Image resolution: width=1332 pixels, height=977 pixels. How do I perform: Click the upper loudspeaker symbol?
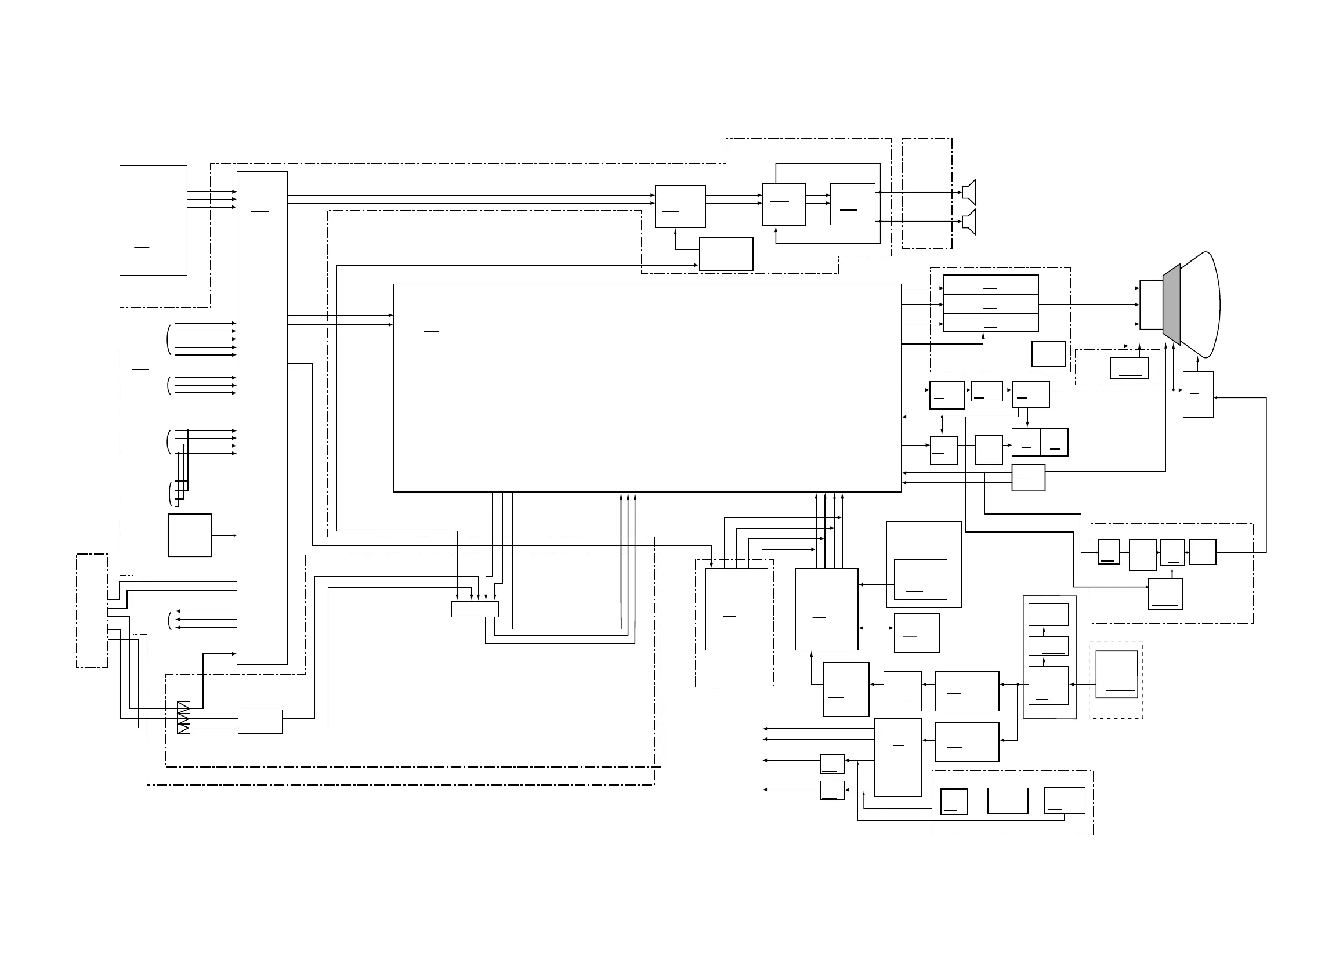tap(969, 192)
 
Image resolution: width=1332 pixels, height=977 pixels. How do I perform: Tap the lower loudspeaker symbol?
tap(969, 222)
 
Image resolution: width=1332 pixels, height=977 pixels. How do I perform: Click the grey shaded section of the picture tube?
tap(1171, 305)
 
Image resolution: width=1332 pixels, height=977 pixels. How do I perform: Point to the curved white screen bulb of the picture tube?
tap(1200, 305)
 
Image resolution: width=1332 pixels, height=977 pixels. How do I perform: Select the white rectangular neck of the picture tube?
tap(1150, 305)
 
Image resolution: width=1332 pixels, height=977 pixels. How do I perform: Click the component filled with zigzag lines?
tap(183, 717)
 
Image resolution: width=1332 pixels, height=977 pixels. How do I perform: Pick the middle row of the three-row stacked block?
tap(990, 304)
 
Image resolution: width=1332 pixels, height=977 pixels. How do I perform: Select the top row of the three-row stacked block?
tap(990, 284)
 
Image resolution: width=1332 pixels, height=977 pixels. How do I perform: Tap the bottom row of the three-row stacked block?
tap(990, 323)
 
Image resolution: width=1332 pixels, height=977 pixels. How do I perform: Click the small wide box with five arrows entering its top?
tap(474, 609)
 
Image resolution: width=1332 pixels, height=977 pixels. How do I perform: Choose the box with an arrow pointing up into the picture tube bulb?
tap(1198, 395)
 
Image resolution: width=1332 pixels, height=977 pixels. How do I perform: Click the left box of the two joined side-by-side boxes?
tap(1026, 442)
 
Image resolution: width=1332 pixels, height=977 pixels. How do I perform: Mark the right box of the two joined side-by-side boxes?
tap(1054, 442)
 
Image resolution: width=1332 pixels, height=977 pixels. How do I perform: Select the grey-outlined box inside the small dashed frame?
tap(1116, 674)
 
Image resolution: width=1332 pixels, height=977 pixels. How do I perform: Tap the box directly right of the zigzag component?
tap(260, 722)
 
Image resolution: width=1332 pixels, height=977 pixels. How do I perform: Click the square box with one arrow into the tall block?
tap(189, 535)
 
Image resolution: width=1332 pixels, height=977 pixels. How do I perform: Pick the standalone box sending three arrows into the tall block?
tap(153, 220)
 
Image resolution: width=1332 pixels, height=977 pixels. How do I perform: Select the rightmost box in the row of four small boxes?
tap(1203, 552)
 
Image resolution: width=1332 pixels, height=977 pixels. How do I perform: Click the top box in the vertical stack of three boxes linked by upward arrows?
tap(1048, 614)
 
